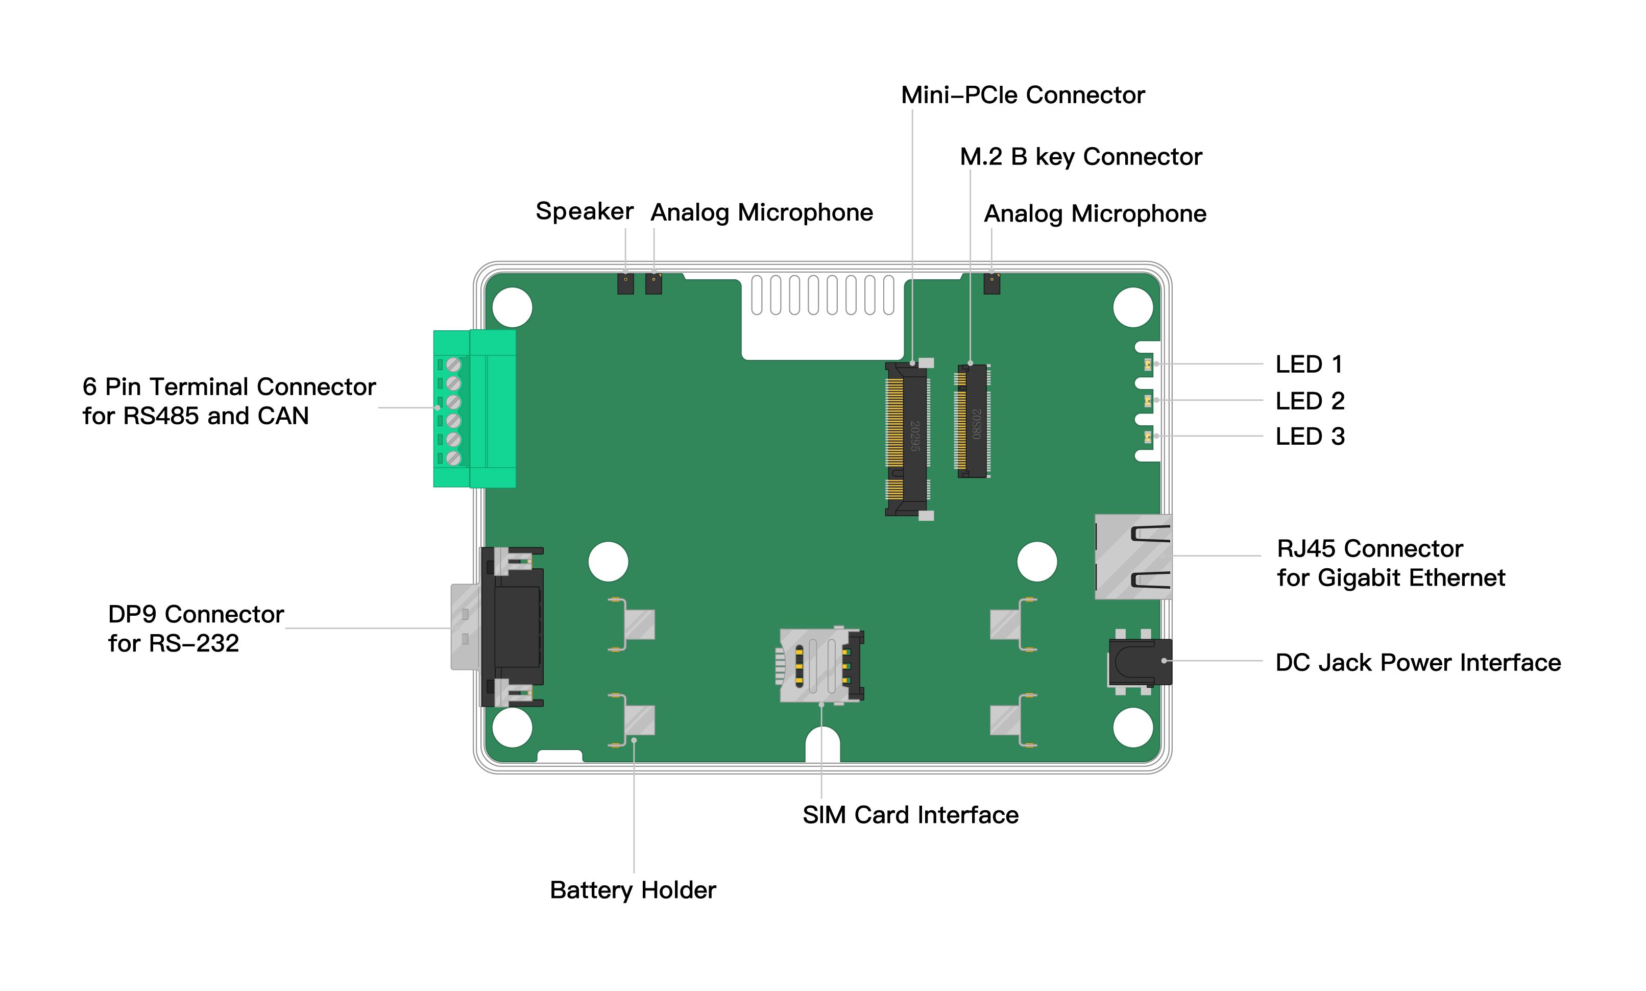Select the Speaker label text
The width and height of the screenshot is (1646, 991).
tap(584, 212)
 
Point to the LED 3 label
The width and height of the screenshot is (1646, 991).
tap(1309, 437)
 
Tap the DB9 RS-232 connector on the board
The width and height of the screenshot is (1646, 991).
tap(511, 627)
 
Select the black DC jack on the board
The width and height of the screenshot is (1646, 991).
tap(1139, 662)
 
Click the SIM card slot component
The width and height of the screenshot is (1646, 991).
tap(820, 665)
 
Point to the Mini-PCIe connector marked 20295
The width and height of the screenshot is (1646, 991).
tap(906, 439)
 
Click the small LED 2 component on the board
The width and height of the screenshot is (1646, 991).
tap(1147, 401)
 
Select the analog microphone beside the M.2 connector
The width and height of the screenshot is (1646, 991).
tap(991, 284)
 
